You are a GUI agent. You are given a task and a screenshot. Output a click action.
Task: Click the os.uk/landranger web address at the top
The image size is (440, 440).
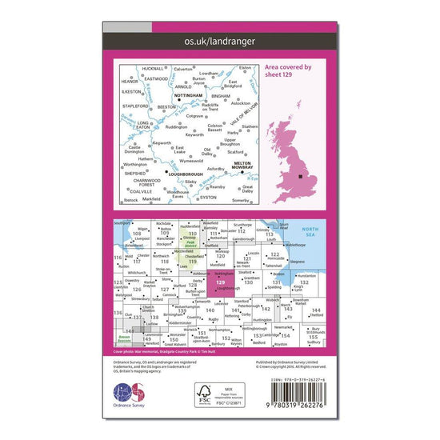219,40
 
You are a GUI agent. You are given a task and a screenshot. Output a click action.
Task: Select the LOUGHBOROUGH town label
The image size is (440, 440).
184,174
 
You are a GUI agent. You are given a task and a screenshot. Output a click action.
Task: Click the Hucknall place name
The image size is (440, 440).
154,69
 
